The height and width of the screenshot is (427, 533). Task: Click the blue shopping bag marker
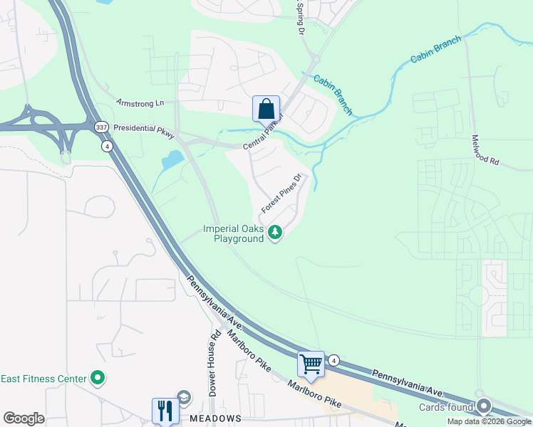coord(266,110)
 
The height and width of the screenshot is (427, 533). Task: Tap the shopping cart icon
coord(311,364)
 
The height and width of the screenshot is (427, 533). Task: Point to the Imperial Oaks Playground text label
coord(233,234)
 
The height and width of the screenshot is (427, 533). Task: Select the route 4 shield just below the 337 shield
coord(107,146)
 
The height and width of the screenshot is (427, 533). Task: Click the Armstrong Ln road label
coord(140,103)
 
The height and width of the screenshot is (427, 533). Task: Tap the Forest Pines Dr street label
coord(282,193)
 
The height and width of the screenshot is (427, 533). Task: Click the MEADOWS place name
coord(216,418)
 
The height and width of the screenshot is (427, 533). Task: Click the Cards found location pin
coord(485,406)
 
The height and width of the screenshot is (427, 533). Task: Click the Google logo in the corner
coord(24,418)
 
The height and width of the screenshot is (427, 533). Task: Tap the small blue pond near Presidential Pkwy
coord(172,159)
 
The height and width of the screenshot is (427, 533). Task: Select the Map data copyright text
coord(489,421)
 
